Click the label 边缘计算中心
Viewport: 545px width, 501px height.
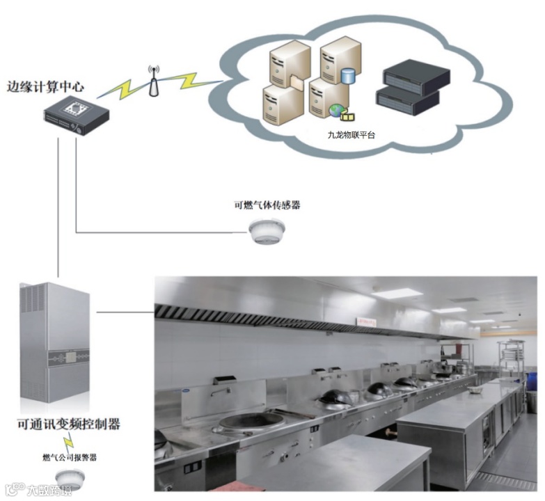coord(45,88)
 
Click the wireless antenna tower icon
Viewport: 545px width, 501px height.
coord(153,81)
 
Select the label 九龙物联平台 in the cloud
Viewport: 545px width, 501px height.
coord(350,135)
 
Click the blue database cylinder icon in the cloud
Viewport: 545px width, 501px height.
coord(348,74)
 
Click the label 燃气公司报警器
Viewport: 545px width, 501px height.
coord(69,458)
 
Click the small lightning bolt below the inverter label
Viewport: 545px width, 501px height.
coord(68,442)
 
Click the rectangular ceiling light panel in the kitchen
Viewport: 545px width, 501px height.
coord(396,294)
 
